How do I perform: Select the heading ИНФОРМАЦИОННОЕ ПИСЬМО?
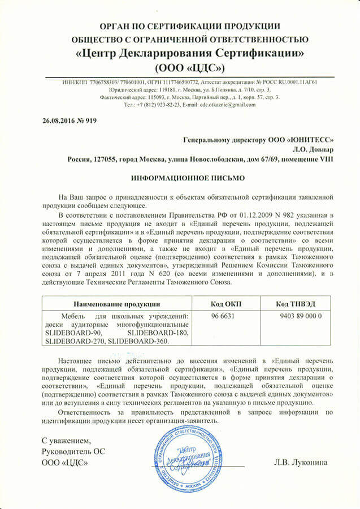(x=180, y=178)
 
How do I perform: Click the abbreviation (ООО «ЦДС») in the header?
(x=180, y=68)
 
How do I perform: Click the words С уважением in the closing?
(x=66, y=440)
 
